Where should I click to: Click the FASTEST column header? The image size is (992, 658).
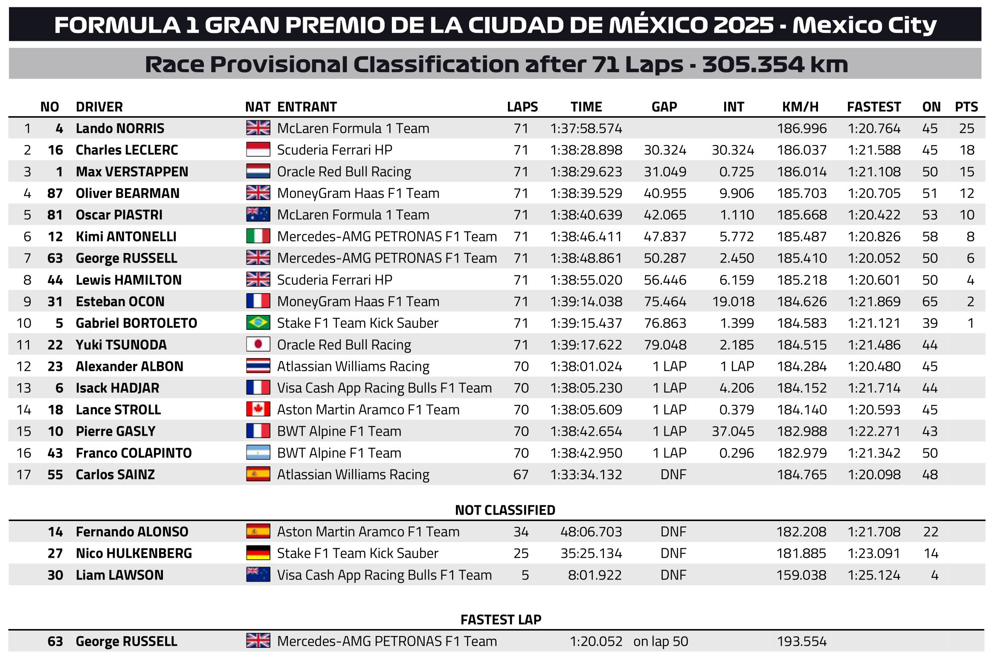[873, 107]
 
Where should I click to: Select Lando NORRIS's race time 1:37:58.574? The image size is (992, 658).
[586, 128]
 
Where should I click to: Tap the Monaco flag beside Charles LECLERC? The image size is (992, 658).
[258, 150]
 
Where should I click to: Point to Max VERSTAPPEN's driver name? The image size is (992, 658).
[132, 172]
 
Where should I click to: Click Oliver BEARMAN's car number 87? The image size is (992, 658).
[55, 193]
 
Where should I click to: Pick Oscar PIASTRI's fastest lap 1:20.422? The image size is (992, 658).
[874, 215]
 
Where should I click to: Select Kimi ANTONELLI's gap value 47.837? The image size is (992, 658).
[665, 236]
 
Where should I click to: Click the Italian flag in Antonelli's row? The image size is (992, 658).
[258, 236]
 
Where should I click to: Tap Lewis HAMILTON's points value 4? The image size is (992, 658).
[970, 280]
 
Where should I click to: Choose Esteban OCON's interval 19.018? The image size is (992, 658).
[733, 302]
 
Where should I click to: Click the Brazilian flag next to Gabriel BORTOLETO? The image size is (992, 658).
[258, 323]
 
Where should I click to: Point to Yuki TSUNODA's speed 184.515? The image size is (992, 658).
[802, 345]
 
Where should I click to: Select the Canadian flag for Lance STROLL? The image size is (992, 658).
[258, 409]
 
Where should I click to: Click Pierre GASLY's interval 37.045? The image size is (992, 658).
[733, 431]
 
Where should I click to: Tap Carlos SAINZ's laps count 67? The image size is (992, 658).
[521, 475]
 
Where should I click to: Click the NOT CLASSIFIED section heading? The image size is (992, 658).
[505, 510]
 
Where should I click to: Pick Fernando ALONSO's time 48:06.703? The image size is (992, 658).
[591, 532]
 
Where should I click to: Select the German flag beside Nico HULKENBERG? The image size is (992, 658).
[258, 553]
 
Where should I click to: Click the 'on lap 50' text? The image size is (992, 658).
[661, 641]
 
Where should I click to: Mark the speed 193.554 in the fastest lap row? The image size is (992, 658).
[802, 641]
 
